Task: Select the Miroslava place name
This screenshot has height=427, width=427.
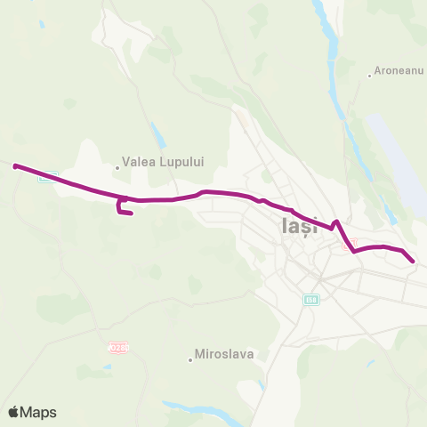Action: coord(226,353)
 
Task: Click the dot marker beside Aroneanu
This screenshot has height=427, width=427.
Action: coord(370,75)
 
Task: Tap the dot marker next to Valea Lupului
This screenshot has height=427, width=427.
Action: coord(117,165)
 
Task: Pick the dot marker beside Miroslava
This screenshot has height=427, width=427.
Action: coord(190,359)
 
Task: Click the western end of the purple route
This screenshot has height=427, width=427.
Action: coord(16,165)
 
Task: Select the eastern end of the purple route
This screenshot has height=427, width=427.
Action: coord(414,260)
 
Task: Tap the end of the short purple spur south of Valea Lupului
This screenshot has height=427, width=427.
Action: coord(131,213)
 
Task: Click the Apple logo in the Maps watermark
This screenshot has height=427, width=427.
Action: coord(14,412)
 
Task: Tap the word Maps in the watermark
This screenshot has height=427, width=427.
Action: coord(39,412)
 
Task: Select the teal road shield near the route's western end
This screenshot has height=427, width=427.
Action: coord(48,175)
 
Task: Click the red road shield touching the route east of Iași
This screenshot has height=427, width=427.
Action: coord(349,242)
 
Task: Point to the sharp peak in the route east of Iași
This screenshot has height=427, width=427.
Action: coord(336,222)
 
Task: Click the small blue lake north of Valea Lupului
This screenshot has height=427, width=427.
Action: coord(158,136)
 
